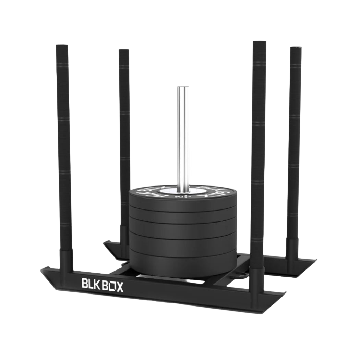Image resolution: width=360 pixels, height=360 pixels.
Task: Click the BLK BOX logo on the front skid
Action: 102,285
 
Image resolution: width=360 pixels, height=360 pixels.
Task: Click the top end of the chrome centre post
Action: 182,88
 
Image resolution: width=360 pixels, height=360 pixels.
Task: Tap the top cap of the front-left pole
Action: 62,46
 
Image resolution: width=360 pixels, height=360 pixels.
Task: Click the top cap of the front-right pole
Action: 259,43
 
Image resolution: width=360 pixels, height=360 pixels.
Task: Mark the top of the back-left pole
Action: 124,51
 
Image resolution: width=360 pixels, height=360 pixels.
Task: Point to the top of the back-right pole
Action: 296,48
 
